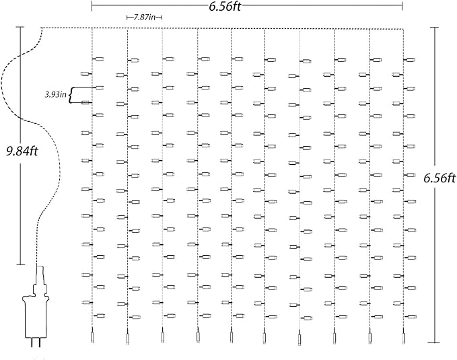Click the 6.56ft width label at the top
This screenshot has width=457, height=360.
point(225,6)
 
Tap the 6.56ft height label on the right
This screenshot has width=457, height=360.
point(440,178)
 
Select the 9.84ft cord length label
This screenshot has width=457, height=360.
point(22,151)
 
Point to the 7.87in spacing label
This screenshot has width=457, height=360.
point(144,17)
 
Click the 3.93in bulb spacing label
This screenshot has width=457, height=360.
point(55,95)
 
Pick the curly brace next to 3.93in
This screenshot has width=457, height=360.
point(71,95)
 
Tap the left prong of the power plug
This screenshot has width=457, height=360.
point(32,343)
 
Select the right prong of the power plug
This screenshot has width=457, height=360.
point(39,343)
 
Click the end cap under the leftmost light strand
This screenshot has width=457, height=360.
point(92,338)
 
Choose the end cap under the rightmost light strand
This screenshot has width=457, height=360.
point(404,338)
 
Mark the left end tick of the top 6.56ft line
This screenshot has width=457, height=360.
point(92,6)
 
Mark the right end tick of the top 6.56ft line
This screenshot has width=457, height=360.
point(402,6)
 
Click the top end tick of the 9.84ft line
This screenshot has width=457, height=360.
point(20,27)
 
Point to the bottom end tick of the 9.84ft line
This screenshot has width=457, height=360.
point(21,264)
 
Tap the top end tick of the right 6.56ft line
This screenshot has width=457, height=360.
point(435,28)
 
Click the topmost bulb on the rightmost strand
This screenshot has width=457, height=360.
point(409,60)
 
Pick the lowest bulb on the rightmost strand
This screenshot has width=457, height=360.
point(411,316)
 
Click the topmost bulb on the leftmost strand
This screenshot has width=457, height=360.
point(98,59)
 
